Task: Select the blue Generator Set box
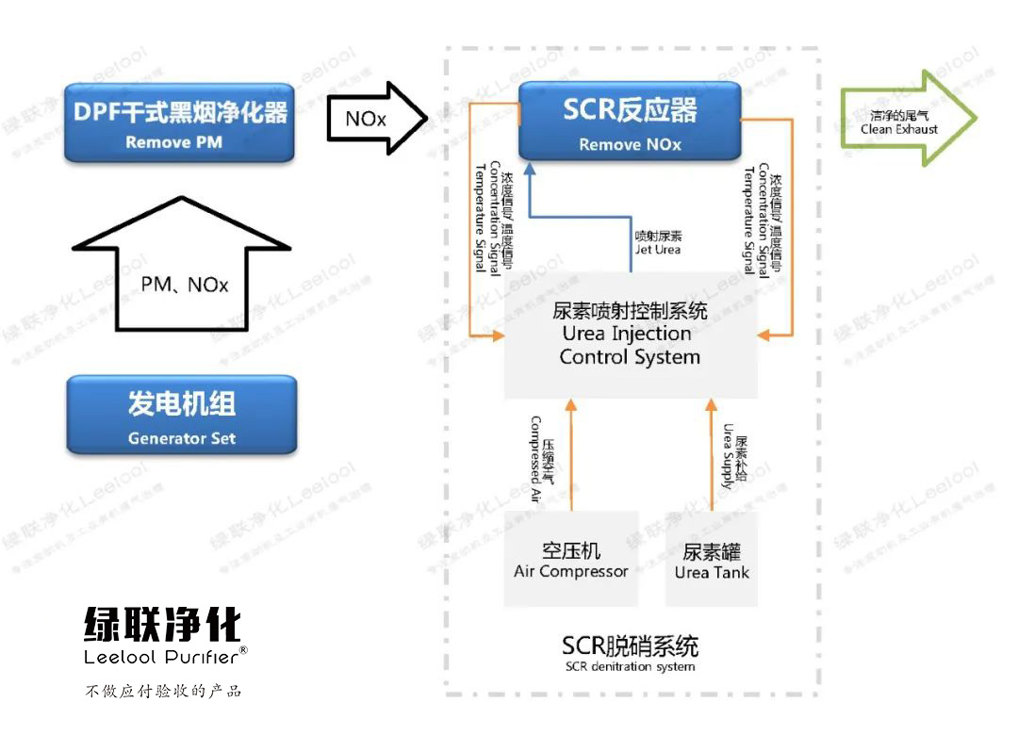(181, 415)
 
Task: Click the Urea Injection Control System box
(630, 334)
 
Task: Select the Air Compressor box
(570, 560)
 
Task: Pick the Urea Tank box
(712, 560)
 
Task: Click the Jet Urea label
(658, 243)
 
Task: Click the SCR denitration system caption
(630, 654)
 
